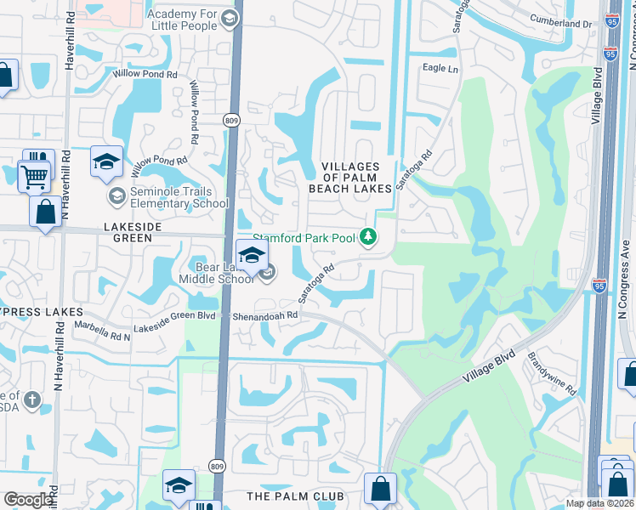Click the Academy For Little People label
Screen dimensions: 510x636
pos(184,20)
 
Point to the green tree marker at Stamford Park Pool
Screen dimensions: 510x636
pos(368,237)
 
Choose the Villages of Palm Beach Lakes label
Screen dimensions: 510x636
pos(356,177)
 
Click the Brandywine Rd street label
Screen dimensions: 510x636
pos(553,375)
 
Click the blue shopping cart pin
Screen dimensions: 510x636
pos(34,176)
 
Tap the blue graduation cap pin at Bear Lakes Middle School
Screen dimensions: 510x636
pos(252,257)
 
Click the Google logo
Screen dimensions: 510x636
pos(29,500)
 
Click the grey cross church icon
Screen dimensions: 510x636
pos(31,399)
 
